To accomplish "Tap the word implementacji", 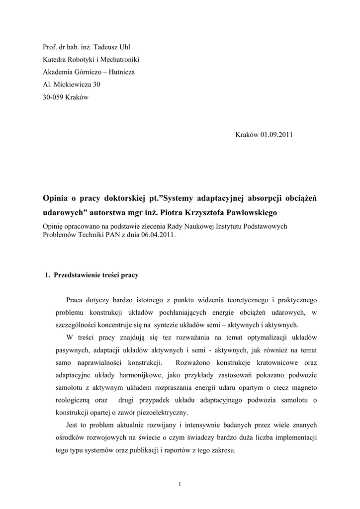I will click(x=293, y=438).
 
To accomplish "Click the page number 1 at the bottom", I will click(x=180, y=484).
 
